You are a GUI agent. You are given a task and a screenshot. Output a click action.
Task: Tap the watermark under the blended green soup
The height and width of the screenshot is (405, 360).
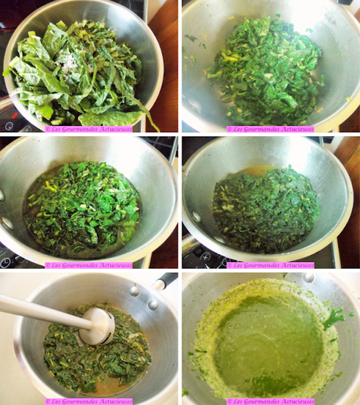pyautogui.click(x=270, y=400)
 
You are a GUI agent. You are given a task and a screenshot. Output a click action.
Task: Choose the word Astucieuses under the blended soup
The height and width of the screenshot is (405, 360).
pyautogui.click(x=293, y=400)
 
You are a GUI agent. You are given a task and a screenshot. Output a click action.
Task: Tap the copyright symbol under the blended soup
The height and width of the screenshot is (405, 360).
pyautogui.click(x=229, y=400)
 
